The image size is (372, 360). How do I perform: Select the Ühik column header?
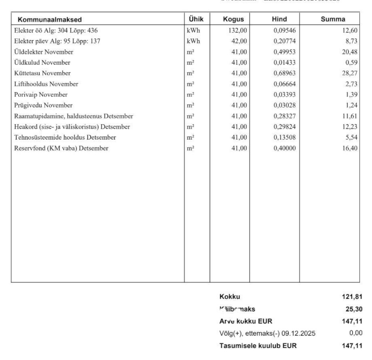[197, 19]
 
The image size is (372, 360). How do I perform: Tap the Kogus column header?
[233, 19]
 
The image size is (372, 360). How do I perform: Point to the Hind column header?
[279, 19]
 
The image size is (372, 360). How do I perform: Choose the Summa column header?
[333, 19]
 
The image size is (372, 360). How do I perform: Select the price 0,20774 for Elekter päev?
[285, 41]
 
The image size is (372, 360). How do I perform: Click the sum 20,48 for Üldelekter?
[350, 52]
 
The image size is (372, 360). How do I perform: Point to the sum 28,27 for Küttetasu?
[350, 73]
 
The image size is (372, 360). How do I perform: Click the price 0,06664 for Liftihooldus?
[285, 84]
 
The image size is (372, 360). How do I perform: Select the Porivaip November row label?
[41, 94]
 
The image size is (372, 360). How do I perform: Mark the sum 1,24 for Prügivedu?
[352, 105]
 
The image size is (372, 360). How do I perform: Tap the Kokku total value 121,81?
[353, 297]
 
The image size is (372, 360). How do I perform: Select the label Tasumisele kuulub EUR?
[258, 346]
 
